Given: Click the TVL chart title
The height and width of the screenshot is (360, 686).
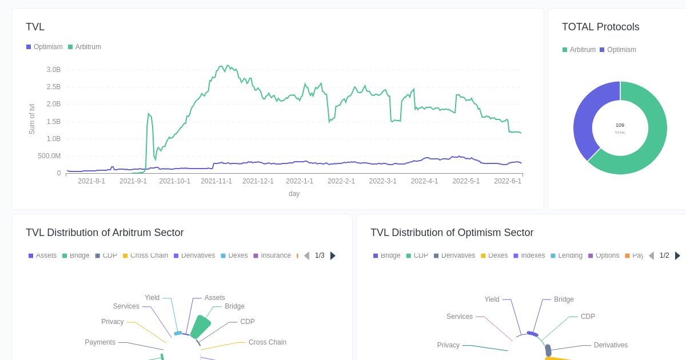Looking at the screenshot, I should tap(35, 27).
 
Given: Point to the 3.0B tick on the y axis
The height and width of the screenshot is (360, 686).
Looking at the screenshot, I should tap(53, 70).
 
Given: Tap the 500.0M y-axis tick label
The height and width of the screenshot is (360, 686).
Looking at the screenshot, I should tap(49, 156).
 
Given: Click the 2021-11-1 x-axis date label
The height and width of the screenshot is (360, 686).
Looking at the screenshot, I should tap(216, 181).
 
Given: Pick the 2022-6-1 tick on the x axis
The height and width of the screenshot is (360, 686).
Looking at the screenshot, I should tap(508, 181).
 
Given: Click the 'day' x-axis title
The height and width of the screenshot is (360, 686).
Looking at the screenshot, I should tap(294, 194).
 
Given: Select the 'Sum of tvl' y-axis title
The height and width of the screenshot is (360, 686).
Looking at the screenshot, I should tap(32, 119).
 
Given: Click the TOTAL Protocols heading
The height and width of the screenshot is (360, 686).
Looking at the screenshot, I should tap(600, 27).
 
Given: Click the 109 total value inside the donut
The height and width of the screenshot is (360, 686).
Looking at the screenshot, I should tap(620, 125).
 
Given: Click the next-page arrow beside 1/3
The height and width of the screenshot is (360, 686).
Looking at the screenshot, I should tap(333, 255).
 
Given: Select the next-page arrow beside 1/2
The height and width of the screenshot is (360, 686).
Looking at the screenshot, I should tap(677, 255).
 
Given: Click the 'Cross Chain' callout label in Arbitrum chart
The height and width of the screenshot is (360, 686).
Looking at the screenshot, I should tap(267, 342).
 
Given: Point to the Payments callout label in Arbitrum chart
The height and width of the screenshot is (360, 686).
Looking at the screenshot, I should tap(100, 342).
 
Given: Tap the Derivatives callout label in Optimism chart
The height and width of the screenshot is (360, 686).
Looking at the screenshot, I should tap(611, 345).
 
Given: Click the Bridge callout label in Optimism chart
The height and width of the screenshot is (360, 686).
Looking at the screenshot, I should tap(564, 299).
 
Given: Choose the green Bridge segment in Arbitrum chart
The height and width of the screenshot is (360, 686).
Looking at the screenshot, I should tap(200, 327).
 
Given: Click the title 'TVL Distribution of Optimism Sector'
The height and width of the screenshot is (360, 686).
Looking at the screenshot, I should tap(452, 233).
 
